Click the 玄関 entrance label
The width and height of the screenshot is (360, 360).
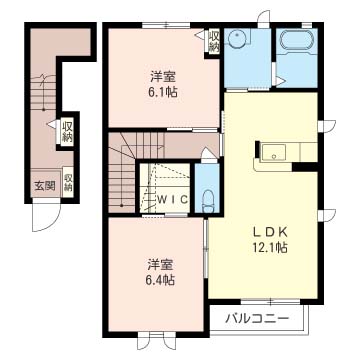pyautogui.click(x=45, y=186)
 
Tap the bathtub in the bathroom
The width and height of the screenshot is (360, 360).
pyautogui.click(x=297, y=40)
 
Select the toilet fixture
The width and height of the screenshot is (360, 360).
pyautogui.click(x=207, y=201)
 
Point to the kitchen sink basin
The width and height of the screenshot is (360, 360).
pyautogui.click(x=273, y=153)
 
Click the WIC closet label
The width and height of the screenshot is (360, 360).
pyautogui.click(x=173, y=199)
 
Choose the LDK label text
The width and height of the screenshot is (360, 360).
pyautogui.click(x=271, y=232)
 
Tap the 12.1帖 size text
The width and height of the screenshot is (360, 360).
pyautogui.click(x=270, y=247)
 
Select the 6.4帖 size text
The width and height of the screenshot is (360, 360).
pyautogui.click(x=161, y=280)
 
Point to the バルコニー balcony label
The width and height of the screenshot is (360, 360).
pyautogui.click(x=257, y=319)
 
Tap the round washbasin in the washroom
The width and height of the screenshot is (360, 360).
pyautogui.click(x=236, y=38)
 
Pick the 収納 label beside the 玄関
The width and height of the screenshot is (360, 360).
pyautogui.click(x=68, y=182)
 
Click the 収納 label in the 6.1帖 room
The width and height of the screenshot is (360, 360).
pyautogui.click(x=213, y=41)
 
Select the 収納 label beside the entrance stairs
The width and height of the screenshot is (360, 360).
pyautogui.click(x=67, y=132)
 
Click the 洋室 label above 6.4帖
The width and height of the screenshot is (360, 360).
pyautogui.click(x=161, y=266)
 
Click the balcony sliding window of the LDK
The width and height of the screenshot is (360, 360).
pyautogui.click(x=270, y=301)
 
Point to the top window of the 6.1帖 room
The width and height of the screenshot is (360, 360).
pyautogui.click(x=166, y=25)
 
